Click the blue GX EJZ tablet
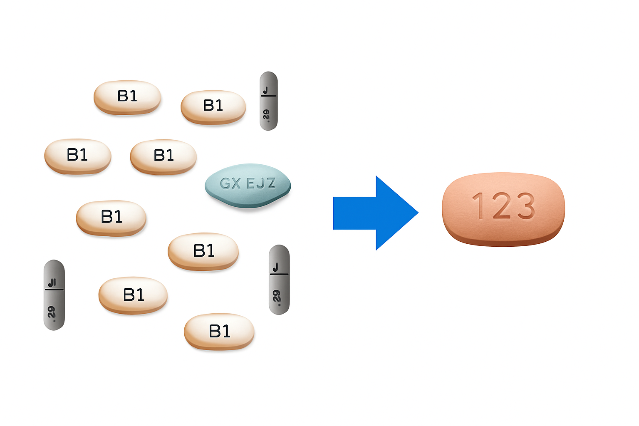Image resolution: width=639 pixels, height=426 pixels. (x=248, y=185)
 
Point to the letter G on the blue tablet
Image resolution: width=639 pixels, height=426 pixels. (x=225, y=183)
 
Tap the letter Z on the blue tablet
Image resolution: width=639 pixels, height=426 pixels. (x=271, y=183)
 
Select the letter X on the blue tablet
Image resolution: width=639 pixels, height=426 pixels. (x=236, y=183)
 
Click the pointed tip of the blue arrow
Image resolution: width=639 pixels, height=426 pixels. (x=417, y=213)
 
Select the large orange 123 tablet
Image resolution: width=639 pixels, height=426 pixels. (x=503, y=209)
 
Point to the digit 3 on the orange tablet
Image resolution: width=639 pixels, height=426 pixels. (x=525, y=206)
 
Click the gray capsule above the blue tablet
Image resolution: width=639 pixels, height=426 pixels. (x=268, y=101)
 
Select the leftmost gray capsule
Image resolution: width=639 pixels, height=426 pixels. (x=54, y=295)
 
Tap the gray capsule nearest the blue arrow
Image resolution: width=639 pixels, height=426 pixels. (x=279, y=280)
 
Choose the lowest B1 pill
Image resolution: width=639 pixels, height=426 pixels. (x=219, y=332)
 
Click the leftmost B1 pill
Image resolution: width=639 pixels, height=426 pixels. (x=78, y=156)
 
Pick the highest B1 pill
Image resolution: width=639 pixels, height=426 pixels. (x=127, y=97)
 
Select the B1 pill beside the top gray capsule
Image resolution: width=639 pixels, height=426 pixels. (x=213, y=106)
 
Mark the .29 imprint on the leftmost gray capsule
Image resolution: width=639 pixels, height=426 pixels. (x=52, y=312)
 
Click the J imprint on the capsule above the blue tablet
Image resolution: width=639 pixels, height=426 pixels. (x=267, y=90)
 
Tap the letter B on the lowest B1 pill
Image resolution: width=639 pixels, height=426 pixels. (x=214, y=332)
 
